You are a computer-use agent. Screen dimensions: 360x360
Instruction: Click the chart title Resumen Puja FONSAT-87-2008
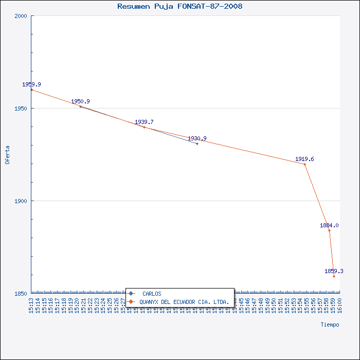click(x=180, y=7)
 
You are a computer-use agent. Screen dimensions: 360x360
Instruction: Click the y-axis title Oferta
click(x=7, y=154)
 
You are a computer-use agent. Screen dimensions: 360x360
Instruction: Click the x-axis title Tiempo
click(x=330, y=325)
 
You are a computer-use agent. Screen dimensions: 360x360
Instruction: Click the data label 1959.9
click(x=31, y=84)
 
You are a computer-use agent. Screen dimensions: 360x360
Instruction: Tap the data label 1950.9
click(x=80, y=101)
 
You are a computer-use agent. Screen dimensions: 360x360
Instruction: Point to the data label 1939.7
click(x=144, y=122)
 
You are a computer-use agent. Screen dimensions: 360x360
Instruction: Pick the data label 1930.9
click(x=197, y=138)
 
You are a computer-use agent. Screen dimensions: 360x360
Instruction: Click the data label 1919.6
click(x=304, y=159)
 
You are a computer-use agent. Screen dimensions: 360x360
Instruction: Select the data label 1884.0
click(x=329, y=225)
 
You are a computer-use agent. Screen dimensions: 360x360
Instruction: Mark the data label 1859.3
click(x=334, y=271)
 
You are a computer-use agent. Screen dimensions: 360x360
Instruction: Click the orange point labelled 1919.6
click(x=304, y=165)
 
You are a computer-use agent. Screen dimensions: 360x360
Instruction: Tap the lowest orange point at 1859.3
click(x=334, y=276)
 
